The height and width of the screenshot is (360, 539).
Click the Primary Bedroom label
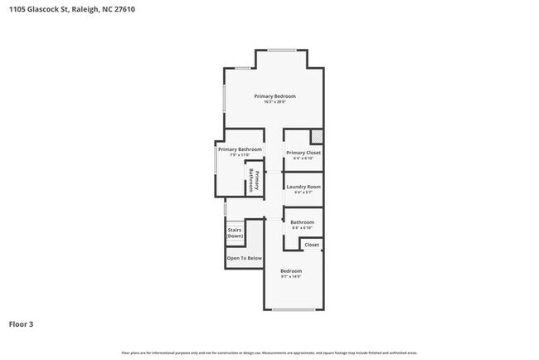(274, 96)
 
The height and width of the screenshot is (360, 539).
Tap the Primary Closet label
(303, 153)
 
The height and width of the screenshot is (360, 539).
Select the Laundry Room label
(303, 187)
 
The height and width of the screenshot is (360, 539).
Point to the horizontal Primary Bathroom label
(240, 149)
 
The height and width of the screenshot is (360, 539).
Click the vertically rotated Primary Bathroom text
(253, 181)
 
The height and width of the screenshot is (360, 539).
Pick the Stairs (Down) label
(235, 234)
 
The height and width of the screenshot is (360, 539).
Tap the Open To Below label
(244, 258)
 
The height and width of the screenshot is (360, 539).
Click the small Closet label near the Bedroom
(312, 245)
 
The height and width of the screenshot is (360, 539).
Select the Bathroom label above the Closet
(302, 221)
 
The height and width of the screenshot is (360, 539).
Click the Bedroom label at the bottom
(290, 271)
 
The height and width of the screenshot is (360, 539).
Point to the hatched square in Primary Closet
(316, 136)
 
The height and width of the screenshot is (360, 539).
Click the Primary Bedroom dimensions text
(274, 103)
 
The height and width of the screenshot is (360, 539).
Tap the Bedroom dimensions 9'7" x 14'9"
(290, 277)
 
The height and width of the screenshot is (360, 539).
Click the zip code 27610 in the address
(123, 9)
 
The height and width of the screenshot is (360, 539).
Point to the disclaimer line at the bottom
(269, 353)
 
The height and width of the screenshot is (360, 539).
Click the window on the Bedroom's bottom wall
(294, 310)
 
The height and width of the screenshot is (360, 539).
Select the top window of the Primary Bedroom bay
(282, 51)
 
